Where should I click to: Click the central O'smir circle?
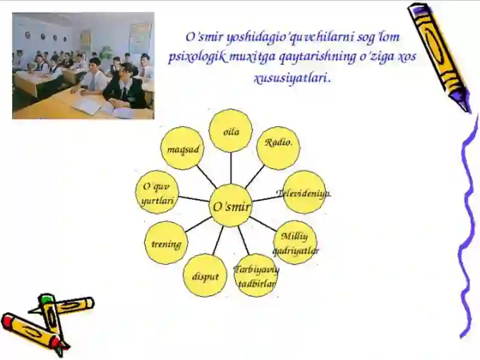231,206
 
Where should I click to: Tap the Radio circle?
278,148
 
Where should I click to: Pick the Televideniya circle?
304,192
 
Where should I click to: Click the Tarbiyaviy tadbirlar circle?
256,275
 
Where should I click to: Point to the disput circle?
205,275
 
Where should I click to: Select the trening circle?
166,243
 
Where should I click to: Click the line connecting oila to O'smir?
231,168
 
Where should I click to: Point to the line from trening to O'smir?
198,224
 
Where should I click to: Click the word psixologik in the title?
190,58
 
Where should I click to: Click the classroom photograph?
83,65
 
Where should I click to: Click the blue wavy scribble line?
468,228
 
